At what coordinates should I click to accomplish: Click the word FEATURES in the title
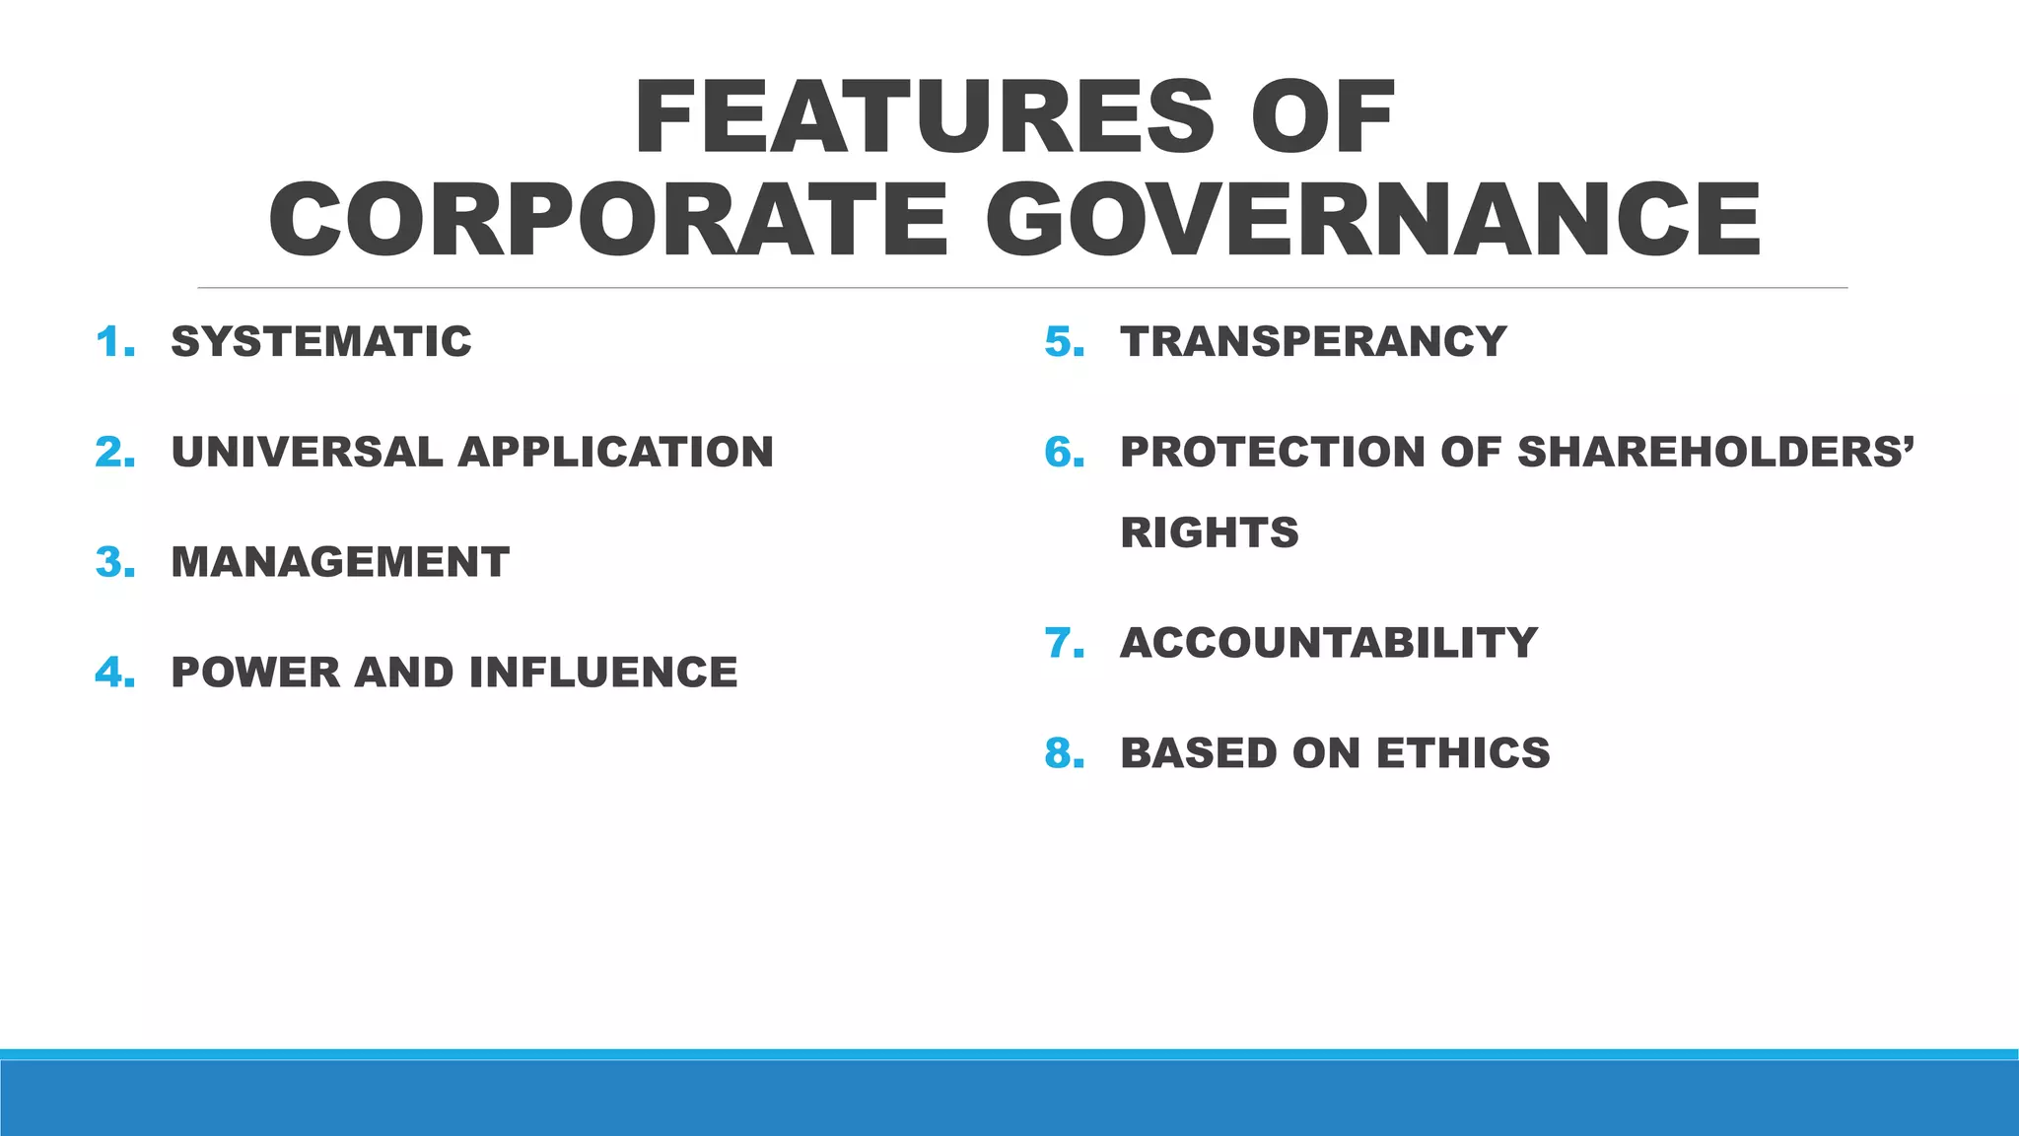coord(925,117)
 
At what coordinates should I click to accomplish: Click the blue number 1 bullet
coord(115,343)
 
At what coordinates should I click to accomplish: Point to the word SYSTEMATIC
coord(321,342)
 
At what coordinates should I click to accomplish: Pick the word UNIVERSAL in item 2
coord(307,453)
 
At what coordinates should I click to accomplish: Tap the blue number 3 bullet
coord(115,563)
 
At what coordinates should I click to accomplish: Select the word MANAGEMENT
coord(340,563)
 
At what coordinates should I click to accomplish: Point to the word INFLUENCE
coord(602,674)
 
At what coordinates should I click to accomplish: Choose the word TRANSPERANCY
coord(1313,342)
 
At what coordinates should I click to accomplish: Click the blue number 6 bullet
coord(1065,454)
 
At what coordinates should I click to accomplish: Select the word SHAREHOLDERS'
coord(1715,453)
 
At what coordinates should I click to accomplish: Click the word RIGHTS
coord(1210,533)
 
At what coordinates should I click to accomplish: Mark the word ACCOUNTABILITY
coord(1329,644)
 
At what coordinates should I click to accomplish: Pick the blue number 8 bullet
coord(1065,754)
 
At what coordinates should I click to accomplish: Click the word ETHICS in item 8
coord(1463,754)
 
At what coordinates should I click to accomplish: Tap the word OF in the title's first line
coord(1323,117)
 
